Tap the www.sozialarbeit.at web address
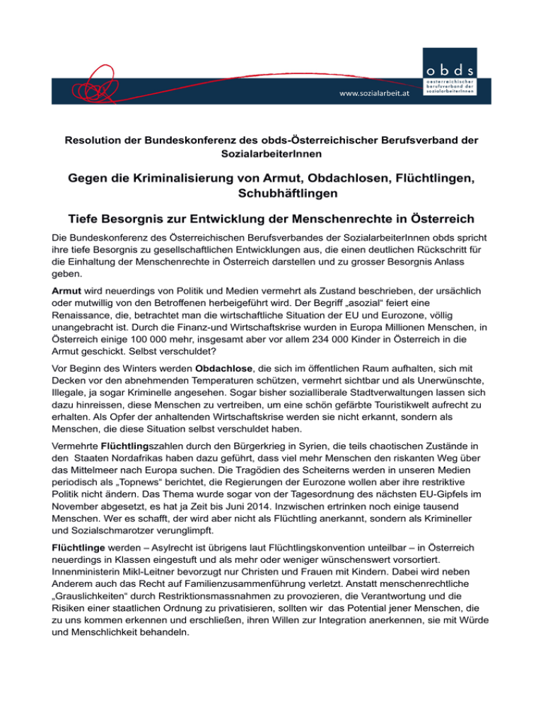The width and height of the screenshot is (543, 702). click(375, 93)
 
